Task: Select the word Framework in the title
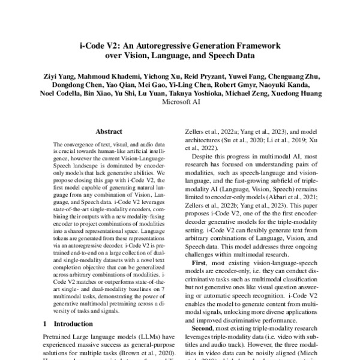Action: (256, 46)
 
